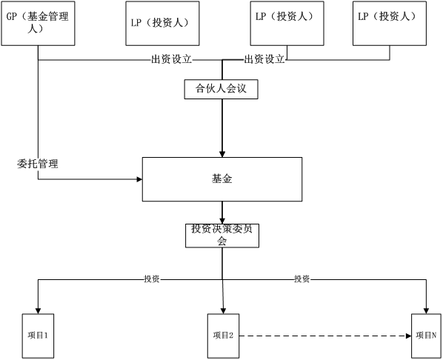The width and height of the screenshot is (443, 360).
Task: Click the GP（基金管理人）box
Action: pos(38,23)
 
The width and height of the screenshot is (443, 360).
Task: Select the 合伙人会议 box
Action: pos(221,90)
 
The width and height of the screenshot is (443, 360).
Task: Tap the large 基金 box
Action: pos(222,179)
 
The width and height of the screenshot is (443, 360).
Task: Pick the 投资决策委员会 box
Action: pos(222,236)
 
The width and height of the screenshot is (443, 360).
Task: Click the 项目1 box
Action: pos(38,336)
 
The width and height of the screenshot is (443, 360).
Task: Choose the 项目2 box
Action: pos(223,336)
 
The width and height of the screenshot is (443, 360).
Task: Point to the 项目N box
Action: pos(426,336)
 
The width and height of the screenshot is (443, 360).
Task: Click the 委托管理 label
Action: pos(38,164)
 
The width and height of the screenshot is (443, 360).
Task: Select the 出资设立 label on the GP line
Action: pos(171,59)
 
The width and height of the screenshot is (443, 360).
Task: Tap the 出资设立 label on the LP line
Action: pos(264,59)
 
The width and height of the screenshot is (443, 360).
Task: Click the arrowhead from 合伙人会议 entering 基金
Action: pos(222,154)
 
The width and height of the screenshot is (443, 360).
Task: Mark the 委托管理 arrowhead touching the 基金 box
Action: pos(139,179)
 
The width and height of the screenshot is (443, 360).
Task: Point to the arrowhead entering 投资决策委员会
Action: pos(222,221)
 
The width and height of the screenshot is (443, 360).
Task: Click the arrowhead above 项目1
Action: pos(38,310)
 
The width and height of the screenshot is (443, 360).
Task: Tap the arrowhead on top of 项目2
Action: pos(223,310)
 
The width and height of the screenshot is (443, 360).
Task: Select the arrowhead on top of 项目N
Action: pos(426,310)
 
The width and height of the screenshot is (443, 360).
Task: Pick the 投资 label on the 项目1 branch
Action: pos(152,279)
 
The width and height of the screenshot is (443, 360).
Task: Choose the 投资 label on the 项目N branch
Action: pos(302,279)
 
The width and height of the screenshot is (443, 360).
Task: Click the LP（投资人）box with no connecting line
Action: pos(162,23)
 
